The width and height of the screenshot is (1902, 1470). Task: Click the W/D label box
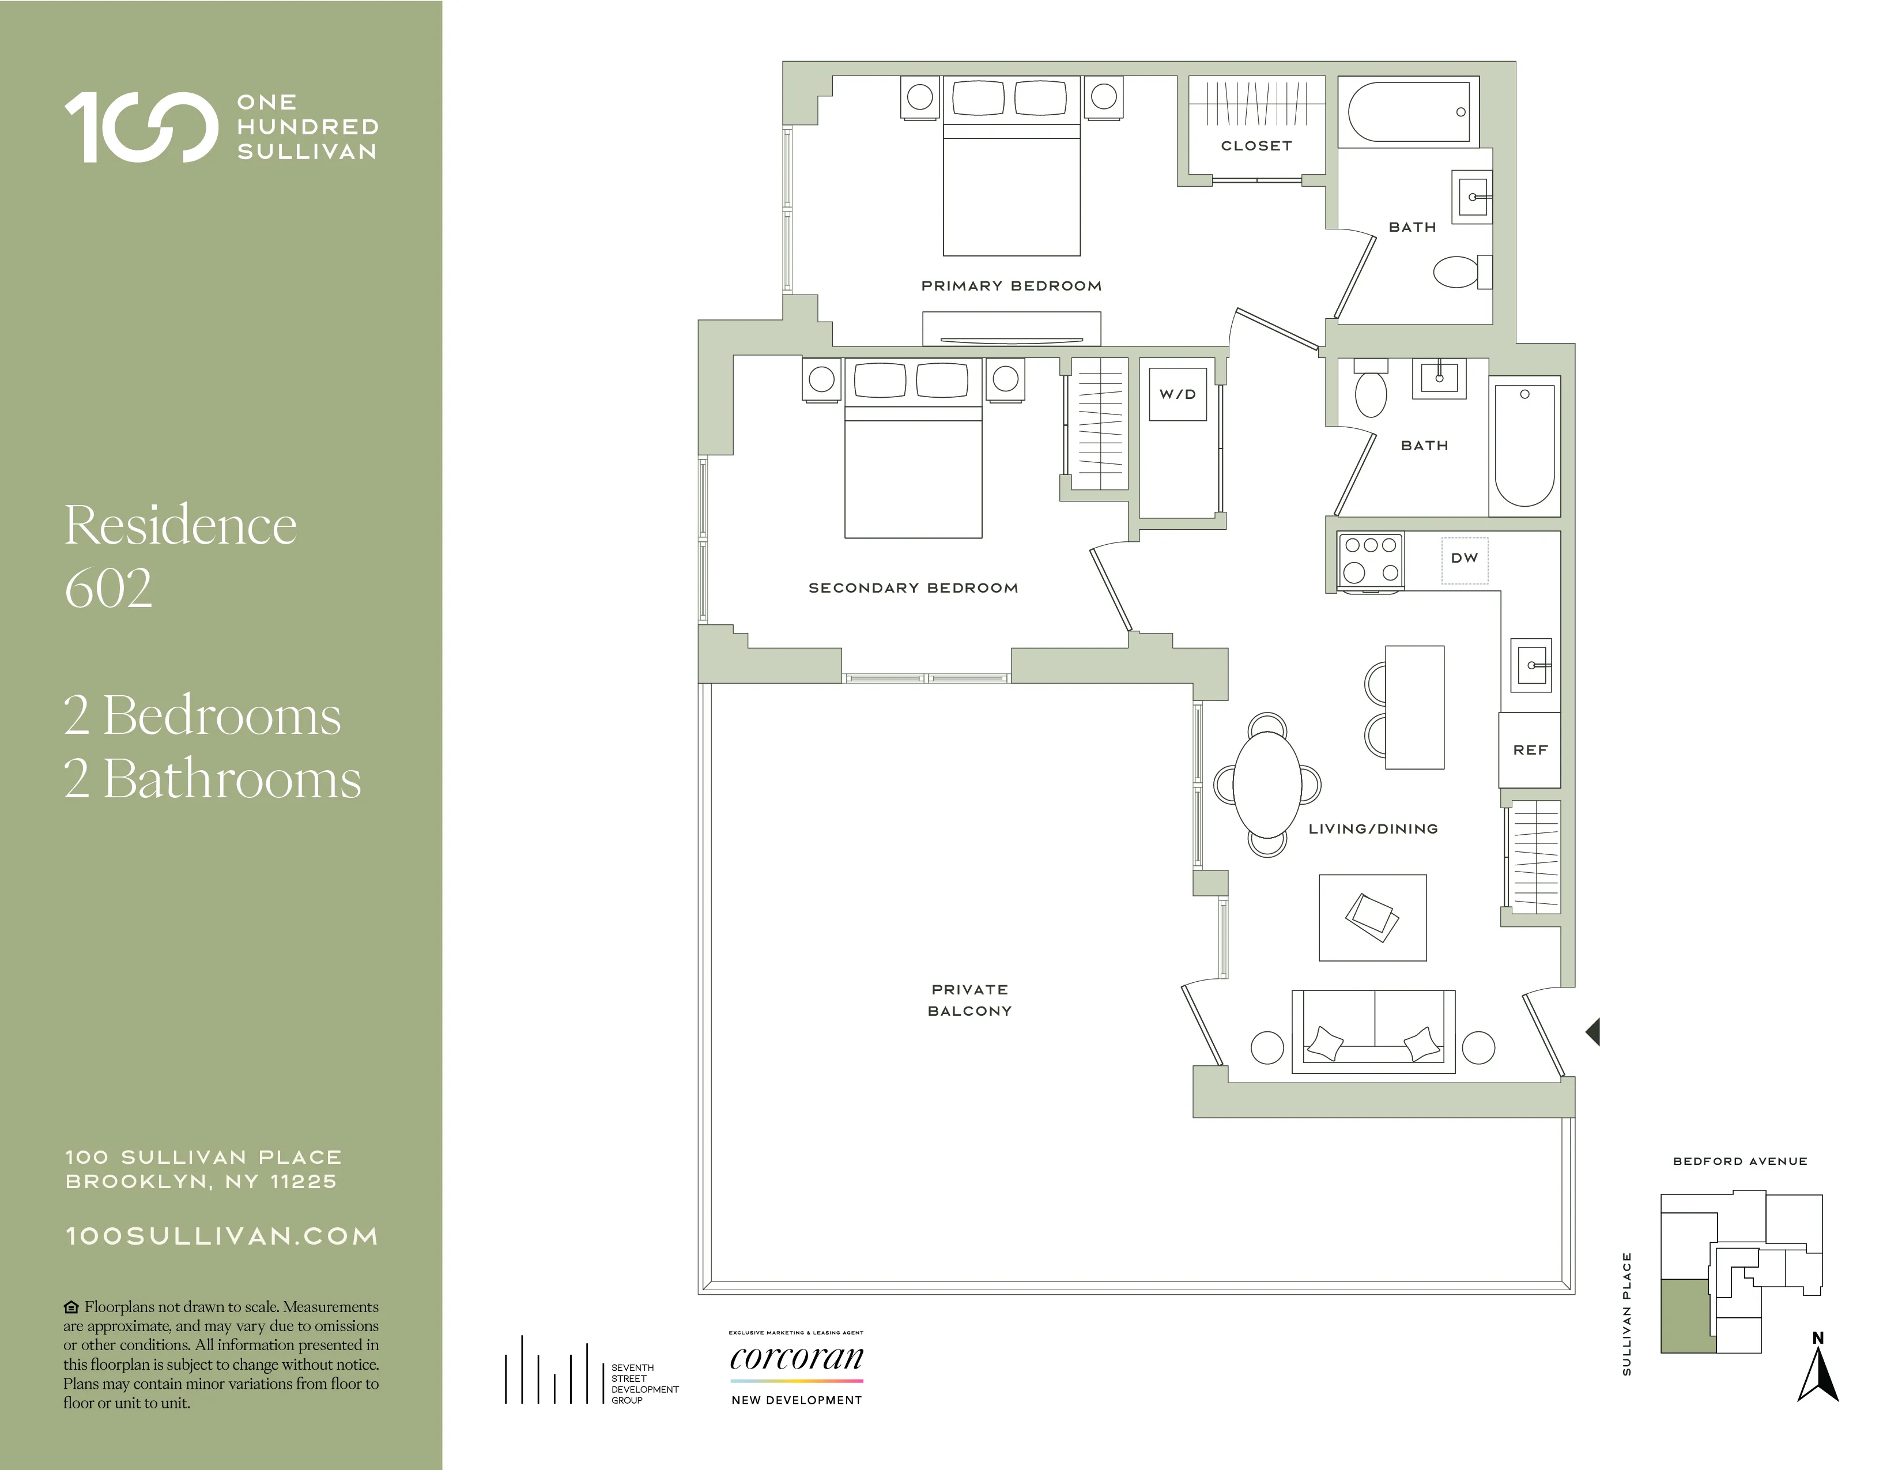point(1178,394)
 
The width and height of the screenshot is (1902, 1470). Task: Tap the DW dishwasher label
point(1464,558)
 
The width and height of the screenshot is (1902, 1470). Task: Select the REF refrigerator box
point(1529,750)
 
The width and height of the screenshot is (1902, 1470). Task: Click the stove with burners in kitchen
point(1371,559)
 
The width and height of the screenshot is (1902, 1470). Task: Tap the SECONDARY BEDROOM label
point(913,589)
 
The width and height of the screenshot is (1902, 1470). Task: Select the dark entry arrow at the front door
point(1594,1032)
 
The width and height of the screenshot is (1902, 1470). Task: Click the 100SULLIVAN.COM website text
point(222,1237)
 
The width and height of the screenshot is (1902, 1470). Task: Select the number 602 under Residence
point(109,589)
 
